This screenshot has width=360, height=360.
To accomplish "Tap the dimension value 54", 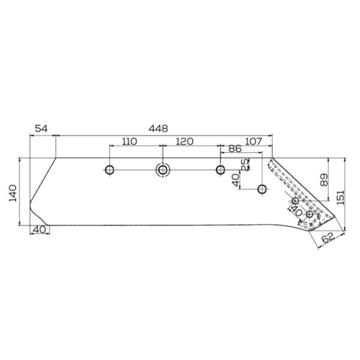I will (x=41, y=128).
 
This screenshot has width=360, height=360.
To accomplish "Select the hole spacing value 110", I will (x=129, y=142).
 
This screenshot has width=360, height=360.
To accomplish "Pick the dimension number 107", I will (x=254, y=142).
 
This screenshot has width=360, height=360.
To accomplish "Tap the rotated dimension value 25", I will (x=245, y=164).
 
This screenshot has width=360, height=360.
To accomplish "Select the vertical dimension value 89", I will (x=324, y=179).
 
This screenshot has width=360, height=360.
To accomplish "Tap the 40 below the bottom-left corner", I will (x=40, y=230).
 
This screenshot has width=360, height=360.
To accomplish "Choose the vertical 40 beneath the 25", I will (x=236, y=178).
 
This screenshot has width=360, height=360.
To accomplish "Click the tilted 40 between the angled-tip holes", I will (x=296, y=211).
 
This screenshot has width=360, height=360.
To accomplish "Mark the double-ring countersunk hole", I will (x=163, y=170).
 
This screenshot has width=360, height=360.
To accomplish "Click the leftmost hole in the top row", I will (x=109, y=170).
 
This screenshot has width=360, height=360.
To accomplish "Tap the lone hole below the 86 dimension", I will (x=262, y=190).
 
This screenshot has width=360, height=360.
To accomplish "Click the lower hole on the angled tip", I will (x=310, y=214).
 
